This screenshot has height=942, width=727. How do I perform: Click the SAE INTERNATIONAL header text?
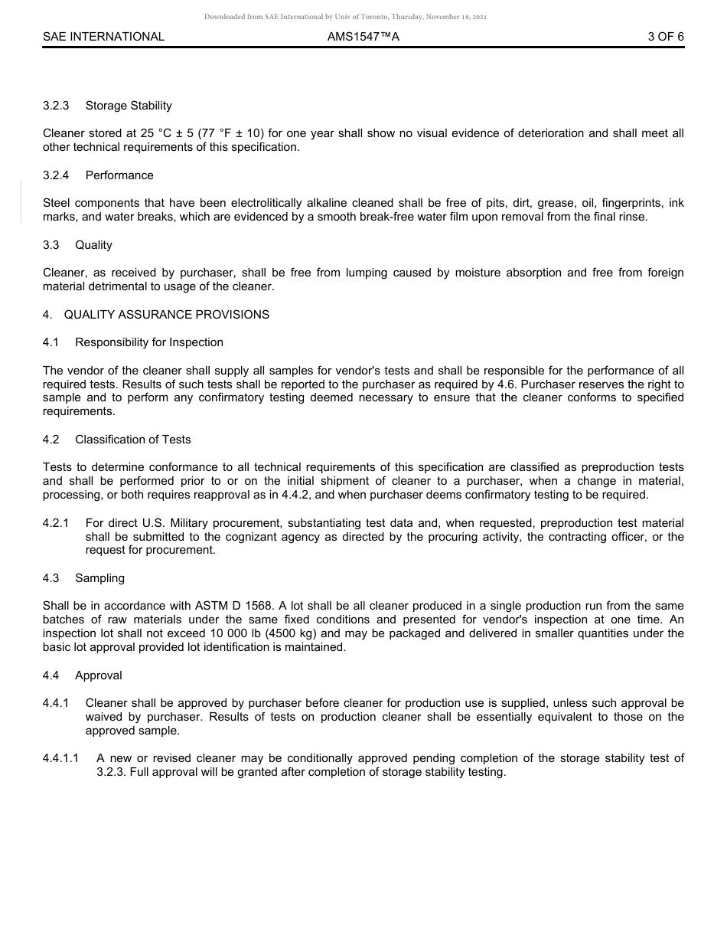click(x=103, y=37)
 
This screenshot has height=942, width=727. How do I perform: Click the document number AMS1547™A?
click(x=363, y=37)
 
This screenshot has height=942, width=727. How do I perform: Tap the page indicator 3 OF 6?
click(x=665, y=37)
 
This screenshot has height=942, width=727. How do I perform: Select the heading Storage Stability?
click(x=129, y=106)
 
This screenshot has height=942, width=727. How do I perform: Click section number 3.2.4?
click(x=56, y=175)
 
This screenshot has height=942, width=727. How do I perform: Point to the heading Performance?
click(x=119, y=175)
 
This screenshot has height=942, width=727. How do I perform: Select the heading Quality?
click(x=93, y=245)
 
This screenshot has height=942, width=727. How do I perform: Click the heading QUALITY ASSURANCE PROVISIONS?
click(x=166, y=315)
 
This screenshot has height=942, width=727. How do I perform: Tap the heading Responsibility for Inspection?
click(x=149, y=342)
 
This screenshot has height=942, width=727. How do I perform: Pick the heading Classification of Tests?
click(x=133, y=440)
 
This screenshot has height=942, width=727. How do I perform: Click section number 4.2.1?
click(x=56, y=523)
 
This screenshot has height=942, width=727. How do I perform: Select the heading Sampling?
click(x=99, y=578)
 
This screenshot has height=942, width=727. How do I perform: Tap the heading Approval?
click(x=99, y=675)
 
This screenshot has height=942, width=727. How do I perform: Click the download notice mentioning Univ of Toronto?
click(x=345, y=17)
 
